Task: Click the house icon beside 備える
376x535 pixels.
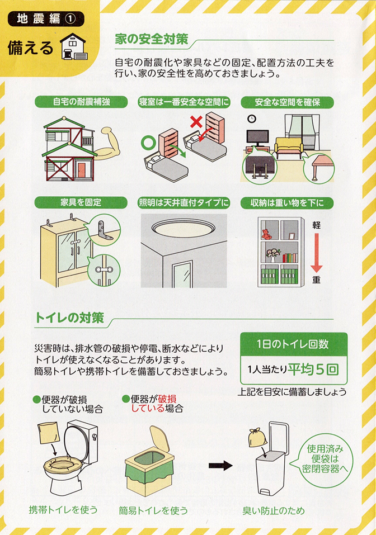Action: coord(74,46)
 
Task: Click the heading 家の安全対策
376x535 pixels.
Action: coord(151,39)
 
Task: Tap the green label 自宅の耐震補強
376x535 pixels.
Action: coord(81,102)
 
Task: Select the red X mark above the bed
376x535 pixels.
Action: coord(196,122)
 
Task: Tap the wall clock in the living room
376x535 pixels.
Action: coord(252,119)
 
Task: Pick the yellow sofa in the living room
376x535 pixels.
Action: coord(289,148)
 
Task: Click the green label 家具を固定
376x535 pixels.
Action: coord(81,202)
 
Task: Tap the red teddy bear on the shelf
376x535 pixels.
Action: coord(266,234)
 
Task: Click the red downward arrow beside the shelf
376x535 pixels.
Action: coord(316,253)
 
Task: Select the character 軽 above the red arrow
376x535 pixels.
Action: coord(316,225)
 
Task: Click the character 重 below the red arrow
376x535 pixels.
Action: coord(316,280)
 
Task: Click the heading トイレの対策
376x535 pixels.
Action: coord(69,318)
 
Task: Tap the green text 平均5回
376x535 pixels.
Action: coord(313,370)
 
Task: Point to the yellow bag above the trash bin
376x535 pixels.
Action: coord(257,437)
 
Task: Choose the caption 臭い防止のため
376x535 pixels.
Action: coord(274,511)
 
